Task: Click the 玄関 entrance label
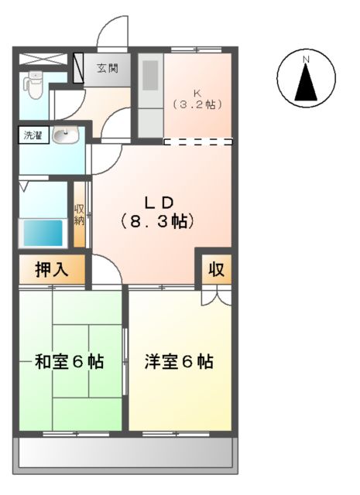tap(108, 69)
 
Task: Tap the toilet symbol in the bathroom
tap(33, 84)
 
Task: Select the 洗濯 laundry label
tap(33, 136)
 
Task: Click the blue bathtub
tap(42, 232)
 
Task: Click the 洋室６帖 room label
tap(179, 361)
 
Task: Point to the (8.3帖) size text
tap(157, 221)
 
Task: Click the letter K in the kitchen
tap(197, 90)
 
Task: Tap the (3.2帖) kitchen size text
tap(197, 103)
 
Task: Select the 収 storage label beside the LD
tap(216, 270)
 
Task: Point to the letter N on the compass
tap(306, 59)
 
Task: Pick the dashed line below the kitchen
tap(198, 142)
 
